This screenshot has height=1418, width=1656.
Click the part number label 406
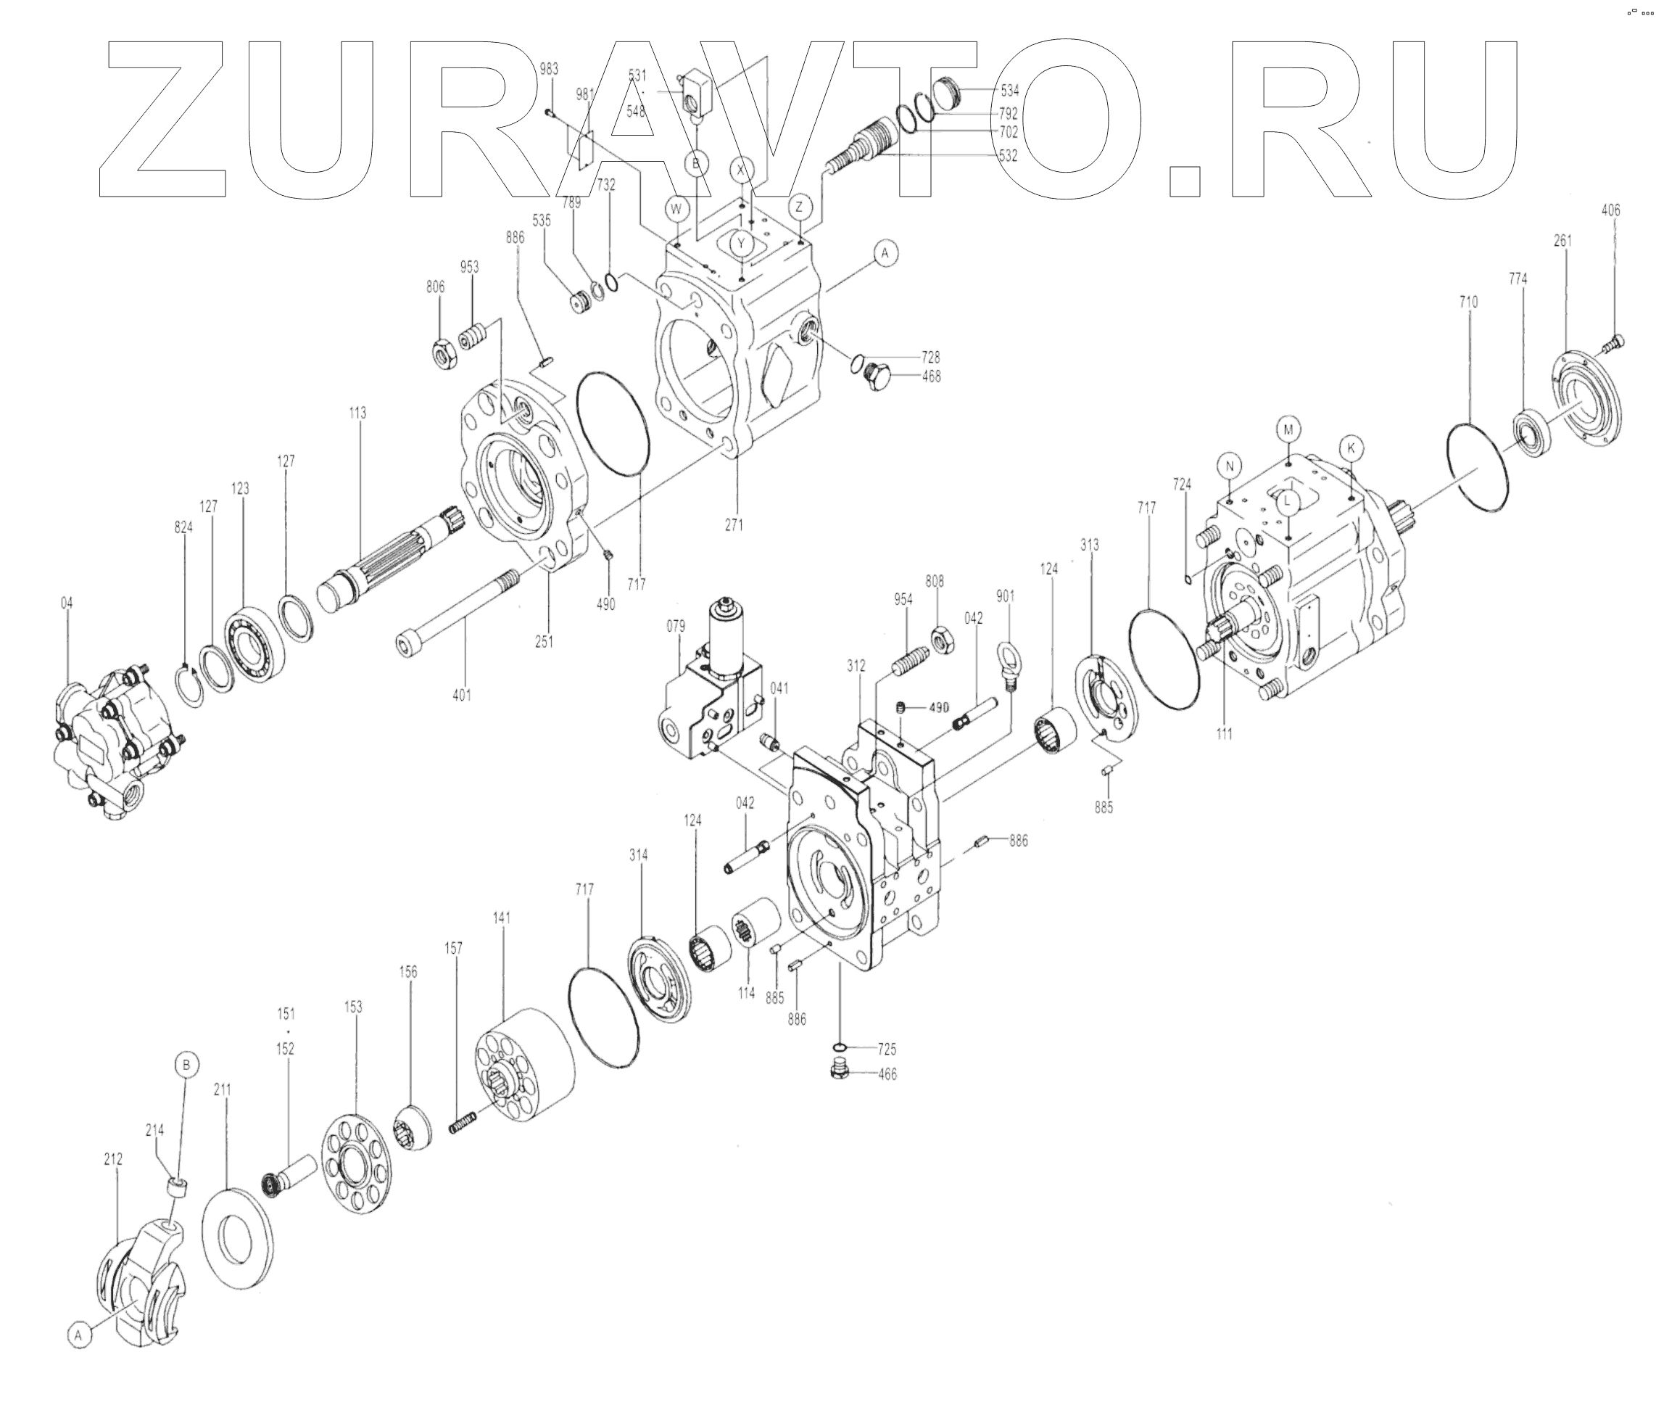[x=1610, y=210]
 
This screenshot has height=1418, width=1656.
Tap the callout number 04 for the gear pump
[x=66, y=603]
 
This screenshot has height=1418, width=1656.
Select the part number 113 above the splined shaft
[x=357, y=413]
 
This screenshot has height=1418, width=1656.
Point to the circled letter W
[x=677, y=210]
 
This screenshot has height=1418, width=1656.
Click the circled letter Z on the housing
[x=799, y=207]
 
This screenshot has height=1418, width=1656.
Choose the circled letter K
[x=1351, y=448]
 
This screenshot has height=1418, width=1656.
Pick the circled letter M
[x=1288, y=429]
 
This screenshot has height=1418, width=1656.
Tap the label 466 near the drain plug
[x=887, y=1074]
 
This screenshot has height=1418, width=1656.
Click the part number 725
[x=887, y=1049]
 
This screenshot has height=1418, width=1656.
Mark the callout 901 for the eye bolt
[x=1006, y=595]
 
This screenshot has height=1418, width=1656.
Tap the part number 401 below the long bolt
[x=461, y=695]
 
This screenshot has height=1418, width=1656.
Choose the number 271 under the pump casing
[x=734, y=525]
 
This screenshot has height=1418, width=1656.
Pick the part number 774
[x=1518, y=279]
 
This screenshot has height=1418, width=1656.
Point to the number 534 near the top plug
[x=1010, y=91]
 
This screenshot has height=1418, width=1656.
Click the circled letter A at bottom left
[x=78, y=1335]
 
